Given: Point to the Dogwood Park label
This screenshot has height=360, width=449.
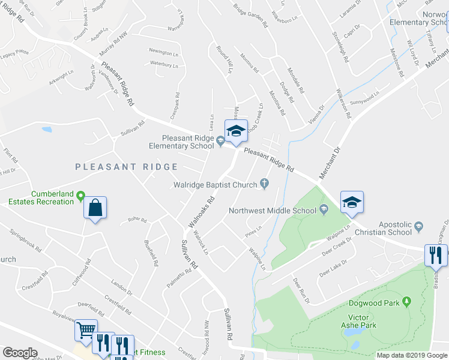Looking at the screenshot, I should coord(375,303).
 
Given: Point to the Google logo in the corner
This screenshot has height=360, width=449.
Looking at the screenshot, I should coord(20,353).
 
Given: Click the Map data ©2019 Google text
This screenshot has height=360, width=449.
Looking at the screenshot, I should coord(411,355).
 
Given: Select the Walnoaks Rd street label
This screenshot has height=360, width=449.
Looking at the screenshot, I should coord(202,212).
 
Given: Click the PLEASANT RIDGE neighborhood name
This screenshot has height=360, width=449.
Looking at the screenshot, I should coord(127,167).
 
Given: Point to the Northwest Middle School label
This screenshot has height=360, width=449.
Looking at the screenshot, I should coord(272,211).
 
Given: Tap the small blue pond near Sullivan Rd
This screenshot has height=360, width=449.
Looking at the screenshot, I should coord(47,129).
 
